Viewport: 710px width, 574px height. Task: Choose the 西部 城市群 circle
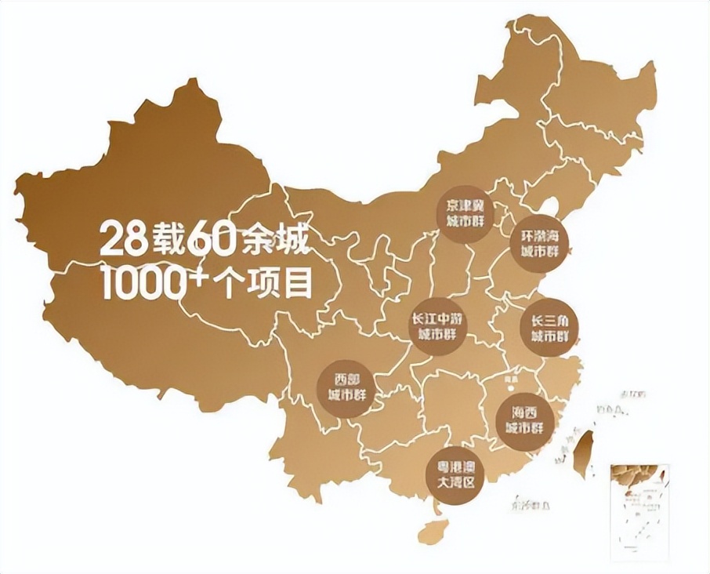pos(343,387)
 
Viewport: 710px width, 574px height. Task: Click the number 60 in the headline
pos(210,238)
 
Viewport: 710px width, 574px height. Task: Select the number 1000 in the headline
pos(139,282)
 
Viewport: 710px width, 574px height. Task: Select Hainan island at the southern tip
pos(433,531)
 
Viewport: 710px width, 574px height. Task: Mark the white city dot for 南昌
pos(511,384)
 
